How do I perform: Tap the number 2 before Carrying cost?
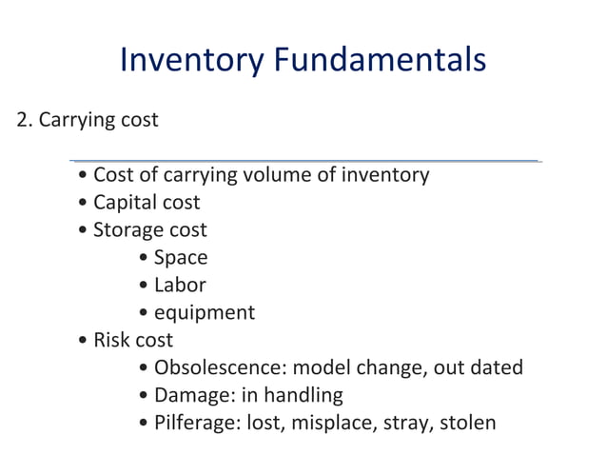tap(23, 121)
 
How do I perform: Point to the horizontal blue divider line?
tap(304, 161)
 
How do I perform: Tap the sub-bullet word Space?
tap(181, 258)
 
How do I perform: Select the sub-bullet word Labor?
tap(180, 285)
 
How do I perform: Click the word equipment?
tap(205, 313)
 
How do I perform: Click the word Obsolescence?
tap(220, 367)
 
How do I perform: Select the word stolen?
tap(465, 422)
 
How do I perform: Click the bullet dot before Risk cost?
tap(86, 341)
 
